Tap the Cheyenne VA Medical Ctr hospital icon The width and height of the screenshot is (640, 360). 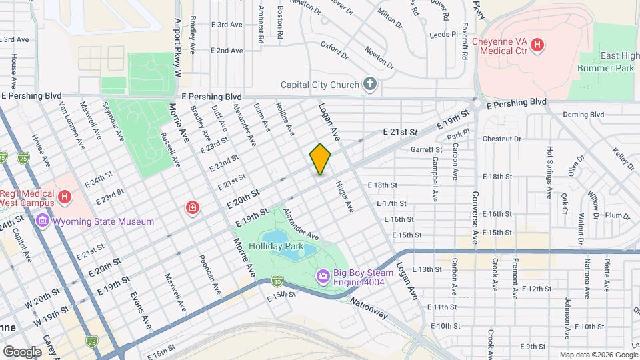click(538, 46)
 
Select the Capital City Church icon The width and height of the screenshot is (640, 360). click(370, 84)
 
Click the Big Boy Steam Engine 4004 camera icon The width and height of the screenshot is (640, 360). click(323, 275)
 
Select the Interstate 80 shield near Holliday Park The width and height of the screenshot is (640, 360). click(277, 281)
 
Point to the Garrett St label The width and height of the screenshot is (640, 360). click(427, 150)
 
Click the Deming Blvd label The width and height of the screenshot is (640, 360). click(583, 115)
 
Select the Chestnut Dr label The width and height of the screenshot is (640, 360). click(501, 139)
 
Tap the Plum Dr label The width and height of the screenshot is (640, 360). click(617, 215)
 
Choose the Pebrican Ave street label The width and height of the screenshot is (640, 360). click(209, 273)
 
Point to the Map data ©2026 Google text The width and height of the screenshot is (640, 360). click(597, 355)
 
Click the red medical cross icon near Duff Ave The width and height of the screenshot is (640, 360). click(193, 209)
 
